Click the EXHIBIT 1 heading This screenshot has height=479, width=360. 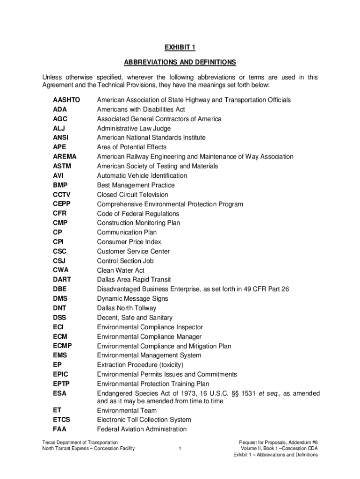click(x=180, y=47)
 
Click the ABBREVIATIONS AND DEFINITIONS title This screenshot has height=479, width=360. click(x=180, y=62)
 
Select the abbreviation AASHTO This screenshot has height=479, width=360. click(x=66, y=100)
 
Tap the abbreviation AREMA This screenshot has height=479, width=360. click(x=65, y=157)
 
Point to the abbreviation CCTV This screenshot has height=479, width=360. click(x=62, y=195)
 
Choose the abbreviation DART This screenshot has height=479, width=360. click(x=62, y=280)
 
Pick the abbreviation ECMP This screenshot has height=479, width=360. click(x=63, y=346)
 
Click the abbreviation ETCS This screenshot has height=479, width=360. click(x=62, y=420)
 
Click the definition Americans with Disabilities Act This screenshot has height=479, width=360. click(x=141, y=109)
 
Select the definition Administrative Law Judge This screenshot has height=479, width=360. click(x=134, y=128)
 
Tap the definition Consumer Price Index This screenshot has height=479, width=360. click(x=129, y=242)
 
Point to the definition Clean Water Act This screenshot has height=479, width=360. click(x=121, y=270)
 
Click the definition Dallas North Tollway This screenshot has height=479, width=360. click(x=127, y=308)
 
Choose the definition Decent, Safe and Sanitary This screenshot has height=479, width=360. click(x=135, y=318)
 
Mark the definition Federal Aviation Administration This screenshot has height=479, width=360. click(x=142, y=429)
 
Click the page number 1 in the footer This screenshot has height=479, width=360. click(x=180, y=449)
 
